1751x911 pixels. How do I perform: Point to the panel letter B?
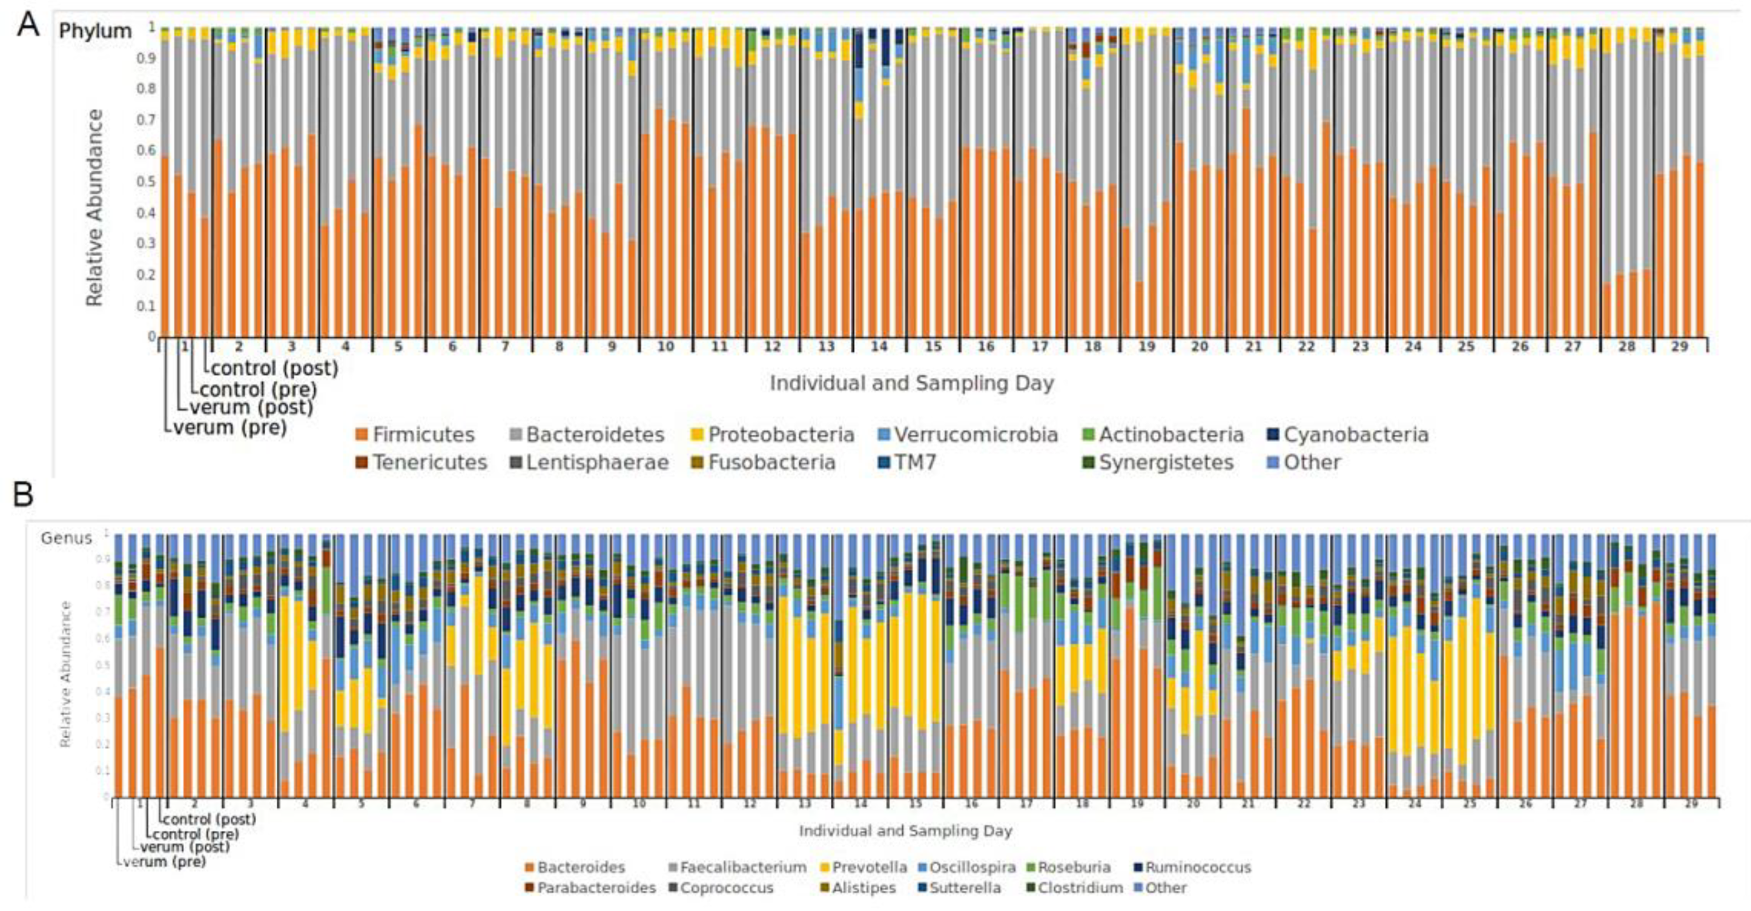pyautogui.click(x=23, y=495)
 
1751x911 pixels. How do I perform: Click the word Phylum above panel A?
pyautogui.click(x=95, y=31)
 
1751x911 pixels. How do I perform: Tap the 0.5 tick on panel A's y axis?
pyautogui.click(x=152, y=181)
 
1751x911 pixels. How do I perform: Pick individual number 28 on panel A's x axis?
pyautogui.click(x=1626, y=347)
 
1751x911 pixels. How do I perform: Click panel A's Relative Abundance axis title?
pyautogui.click(x=95, y=207)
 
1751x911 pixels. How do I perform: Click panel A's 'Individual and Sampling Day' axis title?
pyautogui.click(x=912, y=384)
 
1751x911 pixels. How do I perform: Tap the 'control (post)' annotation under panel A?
pyautogui.click(x=274, y=368)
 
